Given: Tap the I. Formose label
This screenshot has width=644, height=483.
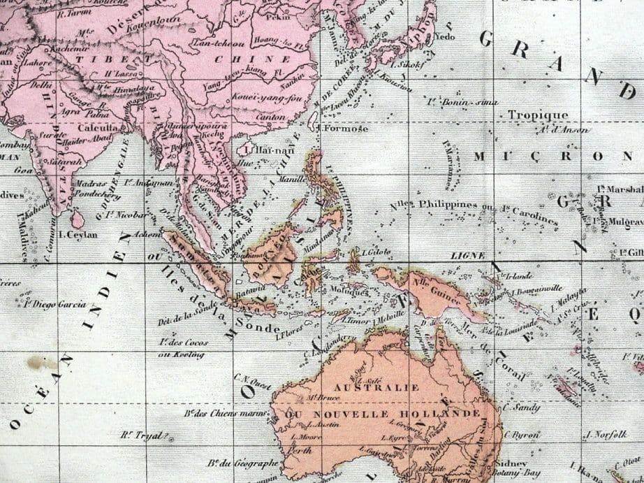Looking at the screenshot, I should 343,129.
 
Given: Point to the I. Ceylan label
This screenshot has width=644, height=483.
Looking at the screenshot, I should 78,235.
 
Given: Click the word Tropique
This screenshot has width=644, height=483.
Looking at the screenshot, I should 538,115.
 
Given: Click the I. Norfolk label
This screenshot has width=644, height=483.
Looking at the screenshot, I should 606,435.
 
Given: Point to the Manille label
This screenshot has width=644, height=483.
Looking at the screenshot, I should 292,179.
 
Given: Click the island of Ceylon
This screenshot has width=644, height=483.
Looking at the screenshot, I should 77,219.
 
